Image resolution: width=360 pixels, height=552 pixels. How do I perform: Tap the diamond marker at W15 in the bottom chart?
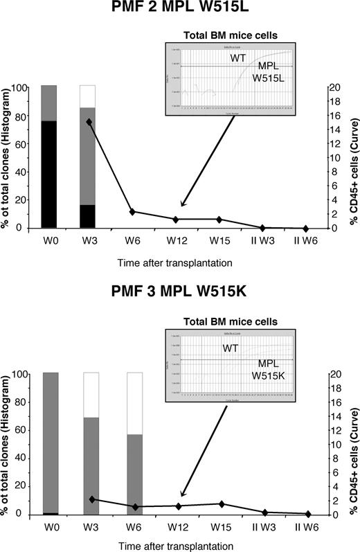click(221, 504)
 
